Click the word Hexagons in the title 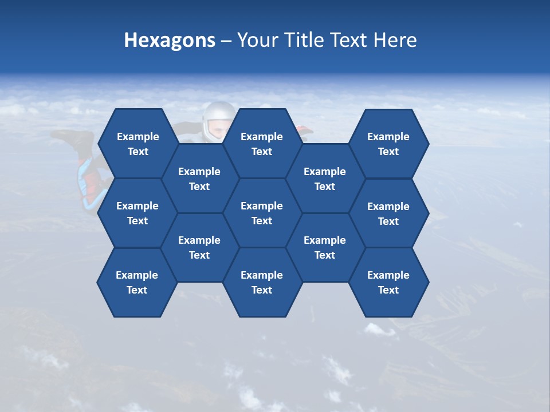[170, 40]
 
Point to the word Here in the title [395, 40]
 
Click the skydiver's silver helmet [218, 117]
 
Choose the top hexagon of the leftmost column [137, 144]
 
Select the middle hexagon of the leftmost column [137, 213]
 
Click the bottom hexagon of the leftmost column [137, 282]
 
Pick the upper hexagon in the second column [199, 179]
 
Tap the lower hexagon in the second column [199, 247]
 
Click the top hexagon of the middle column [262, 144]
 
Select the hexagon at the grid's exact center [262, 213]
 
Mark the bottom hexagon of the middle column [262, 282]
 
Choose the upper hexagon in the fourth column [325, 179]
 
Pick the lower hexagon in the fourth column [325, 247]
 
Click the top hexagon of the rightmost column [388, 144]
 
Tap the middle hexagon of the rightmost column [388, 213]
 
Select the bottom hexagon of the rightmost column [388, 282]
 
